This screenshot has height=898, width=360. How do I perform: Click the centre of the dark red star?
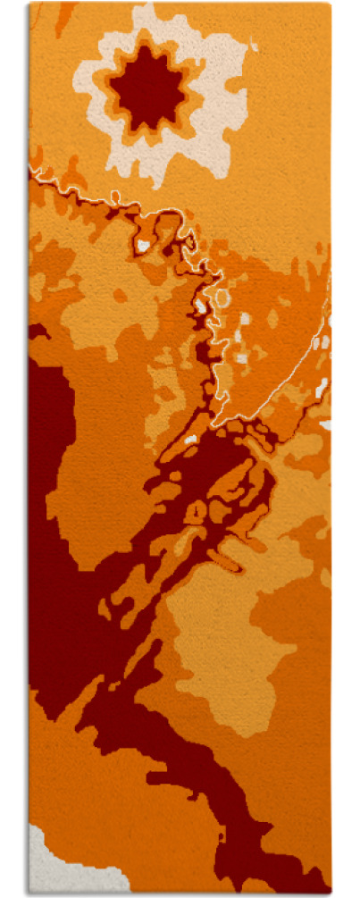148,88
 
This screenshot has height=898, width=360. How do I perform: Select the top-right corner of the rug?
331,4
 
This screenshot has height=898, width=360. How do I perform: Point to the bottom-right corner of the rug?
331,893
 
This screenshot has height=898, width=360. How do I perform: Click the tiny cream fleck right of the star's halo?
254,44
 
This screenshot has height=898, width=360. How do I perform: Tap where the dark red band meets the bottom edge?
268,890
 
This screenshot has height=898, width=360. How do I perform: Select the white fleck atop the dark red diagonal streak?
190,439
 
